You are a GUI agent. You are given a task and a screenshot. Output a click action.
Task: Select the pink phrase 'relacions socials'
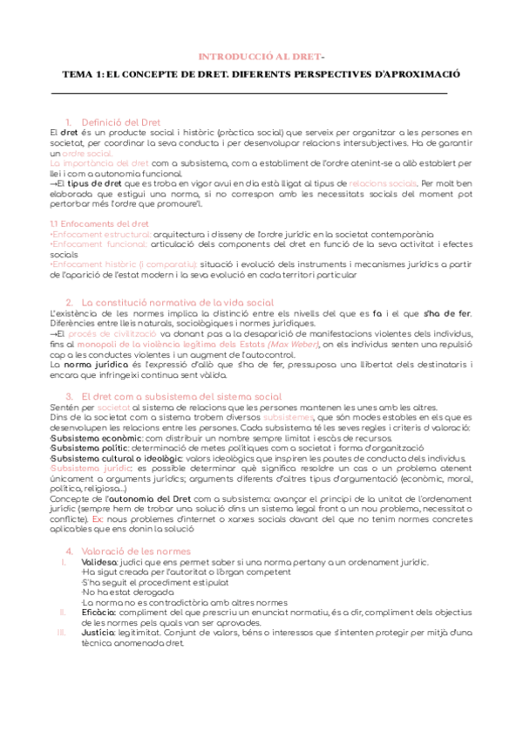point(382,184)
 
